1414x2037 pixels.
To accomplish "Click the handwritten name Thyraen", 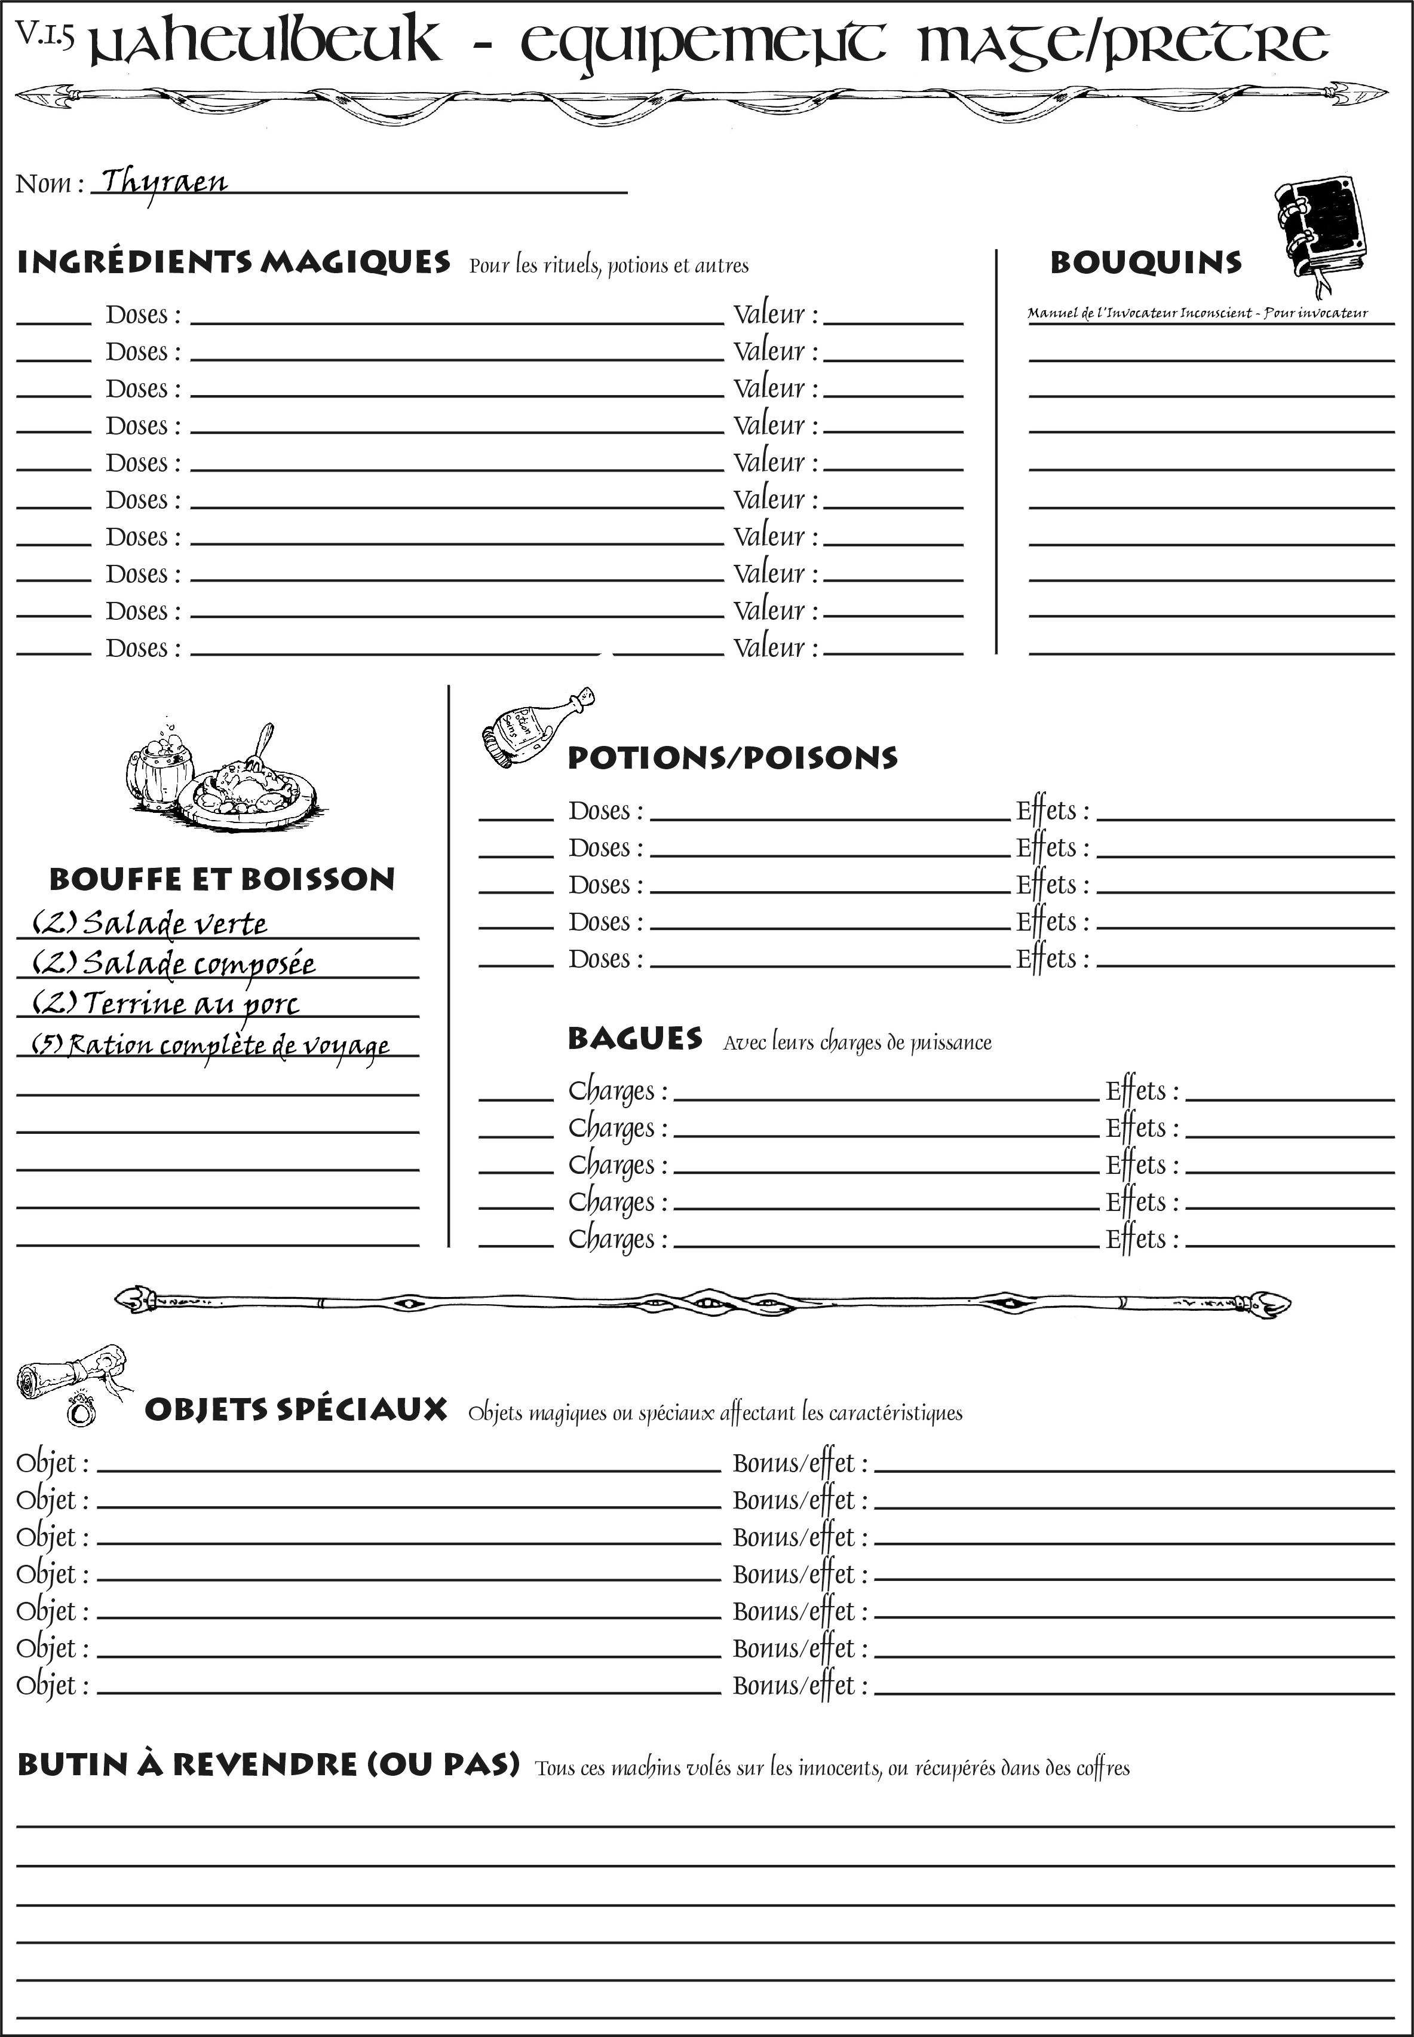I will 164,182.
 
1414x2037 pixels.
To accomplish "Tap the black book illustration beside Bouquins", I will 1320,229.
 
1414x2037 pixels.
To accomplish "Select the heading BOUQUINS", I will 1146,262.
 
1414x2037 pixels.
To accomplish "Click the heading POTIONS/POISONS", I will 732,758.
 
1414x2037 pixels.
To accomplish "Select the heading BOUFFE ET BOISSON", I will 222,879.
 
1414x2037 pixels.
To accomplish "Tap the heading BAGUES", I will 635,1039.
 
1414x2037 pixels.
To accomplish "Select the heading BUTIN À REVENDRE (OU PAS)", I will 268,1765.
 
